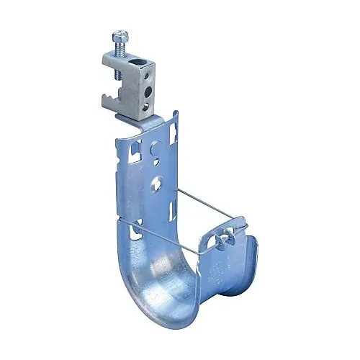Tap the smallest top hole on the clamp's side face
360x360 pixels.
tap(150, 71)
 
